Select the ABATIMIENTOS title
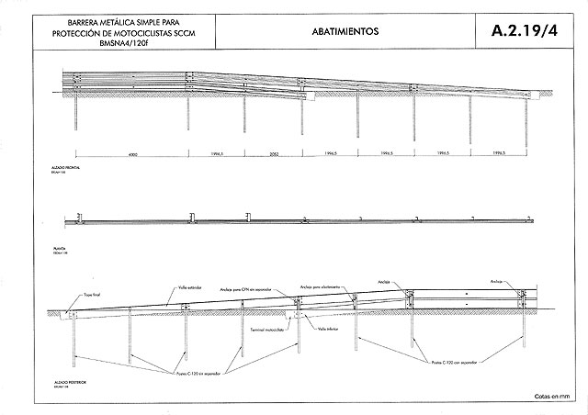(337, 30)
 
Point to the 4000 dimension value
(133, 154)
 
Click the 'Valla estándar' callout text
(188, 286)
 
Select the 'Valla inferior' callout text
(328, 328)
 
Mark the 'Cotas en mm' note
(551, 397)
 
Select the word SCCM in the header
(190, 30)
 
